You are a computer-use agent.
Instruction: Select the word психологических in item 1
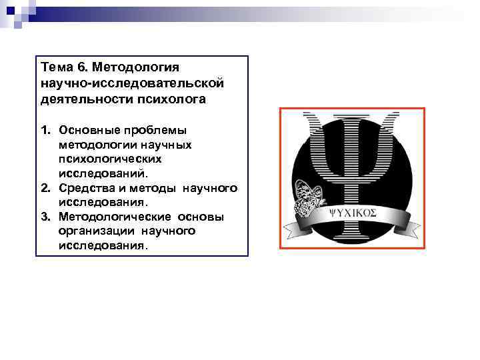click(x=110, y=159)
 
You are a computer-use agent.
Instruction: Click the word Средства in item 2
click(x=85, y=189)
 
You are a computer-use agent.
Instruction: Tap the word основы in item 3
click(x=200, y=217)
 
